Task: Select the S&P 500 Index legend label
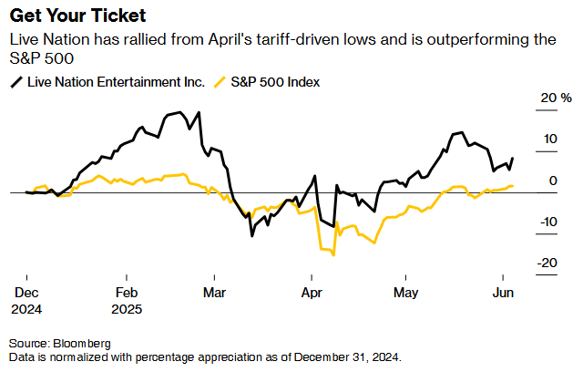tap(275, 82)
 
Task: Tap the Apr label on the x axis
tap(312, 294)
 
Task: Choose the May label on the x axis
tap(405, 294)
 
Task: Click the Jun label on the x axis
tap(502, 294)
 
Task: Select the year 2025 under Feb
tap(128, 308)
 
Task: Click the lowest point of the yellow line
tap(333, 254)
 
